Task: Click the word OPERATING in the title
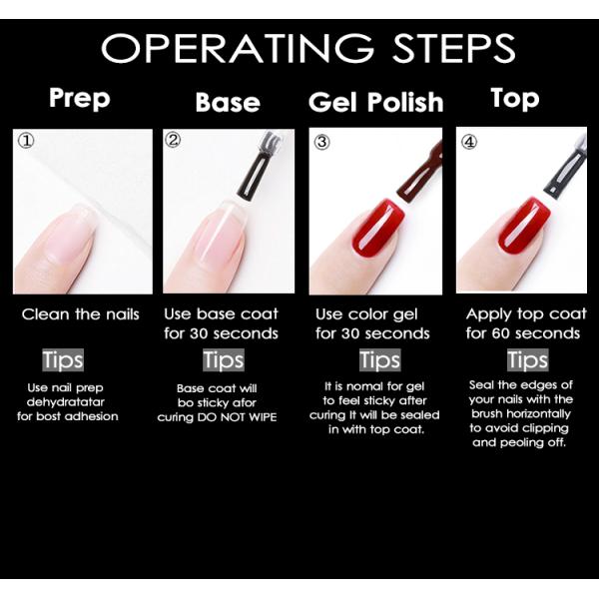(238, 48)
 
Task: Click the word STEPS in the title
(454, 48)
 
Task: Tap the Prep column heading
(80, 99)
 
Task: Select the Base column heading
(228, 103)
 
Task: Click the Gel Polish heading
(376, 102)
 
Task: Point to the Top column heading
(515, 99)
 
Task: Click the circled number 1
(26, 141)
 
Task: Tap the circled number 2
(173, 140)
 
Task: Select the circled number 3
(321, 142)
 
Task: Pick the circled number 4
(469, 142)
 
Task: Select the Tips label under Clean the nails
(63, 359)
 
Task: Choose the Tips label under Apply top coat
(527, 359)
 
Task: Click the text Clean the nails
(80, 314)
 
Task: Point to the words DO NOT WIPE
(237, 417)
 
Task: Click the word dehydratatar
(65, 402)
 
